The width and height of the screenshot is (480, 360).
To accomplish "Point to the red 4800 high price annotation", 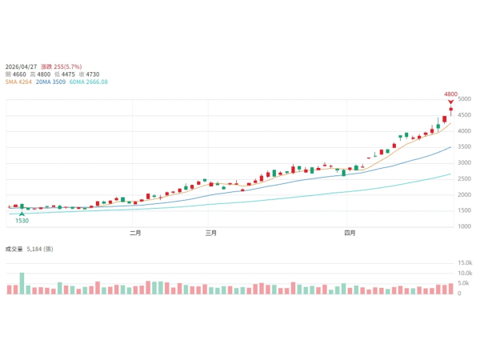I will click(x=450, y=94).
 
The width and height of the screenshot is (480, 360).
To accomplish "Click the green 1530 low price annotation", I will click(x=22, y=221).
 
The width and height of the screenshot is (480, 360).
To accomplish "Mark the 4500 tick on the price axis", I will click(x=464, y=115).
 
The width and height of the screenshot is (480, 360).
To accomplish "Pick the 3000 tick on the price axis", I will click(x=464, y=163).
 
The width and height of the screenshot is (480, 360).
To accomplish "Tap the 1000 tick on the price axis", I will click(x=464, y=226).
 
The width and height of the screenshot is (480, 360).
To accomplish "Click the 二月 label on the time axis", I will click(x=135, y=234).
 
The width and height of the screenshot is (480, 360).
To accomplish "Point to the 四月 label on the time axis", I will click(x=349, y=234).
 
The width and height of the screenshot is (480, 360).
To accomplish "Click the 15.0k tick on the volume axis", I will click(x=465, y=263).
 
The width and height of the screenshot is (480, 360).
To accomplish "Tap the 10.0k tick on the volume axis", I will click(x=465, y=274).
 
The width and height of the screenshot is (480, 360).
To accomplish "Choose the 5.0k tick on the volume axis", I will click(x=465, y=283).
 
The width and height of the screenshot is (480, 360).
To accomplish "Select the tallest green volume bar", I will click(x=22, y=283).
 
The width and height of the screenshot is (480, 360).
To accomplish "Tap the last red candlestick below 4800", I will click(x=450, y=109).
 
